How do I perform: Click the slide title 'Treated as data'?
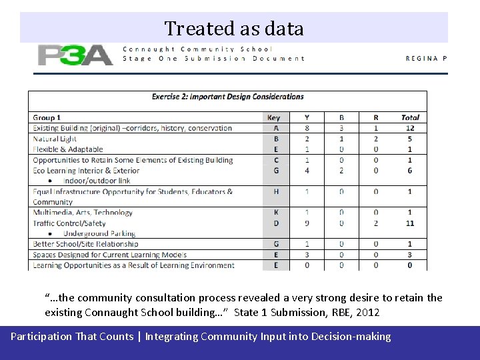coord(234,28)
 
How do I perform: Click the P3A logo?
coord(75,54)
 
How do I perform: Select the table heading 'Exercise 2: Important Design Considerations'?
coord(227,97)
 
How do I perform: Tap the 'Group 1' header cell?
coord(47,117)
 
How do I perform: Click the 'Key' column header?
coord(274,117)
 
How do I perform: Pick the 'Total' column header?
coord(410,117)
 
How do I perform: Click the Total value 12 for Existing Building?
coord(410,128)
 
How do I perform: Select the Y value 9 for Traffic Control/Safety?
coord(307,223)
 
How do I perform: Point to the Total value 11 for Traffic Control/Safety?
coord(410,223)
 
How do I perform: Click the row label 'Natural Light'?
coord(55,139)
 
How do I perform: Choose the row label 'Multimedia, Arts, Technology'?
coord(83,212)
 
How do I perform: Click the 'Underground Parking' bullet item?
coord(99,233)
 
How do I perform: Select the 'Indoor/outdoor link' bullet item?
coord(97,181)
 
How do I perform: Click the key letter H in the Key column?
coord(277,191)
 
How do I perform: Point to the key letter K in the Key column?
coord(277,212)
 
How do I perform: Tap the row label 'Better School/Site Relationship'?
coord(86,244)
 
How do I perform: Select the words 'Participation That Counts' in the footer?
coord(72,337)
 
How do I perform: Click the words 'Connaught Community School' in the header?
coord(198,49)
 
